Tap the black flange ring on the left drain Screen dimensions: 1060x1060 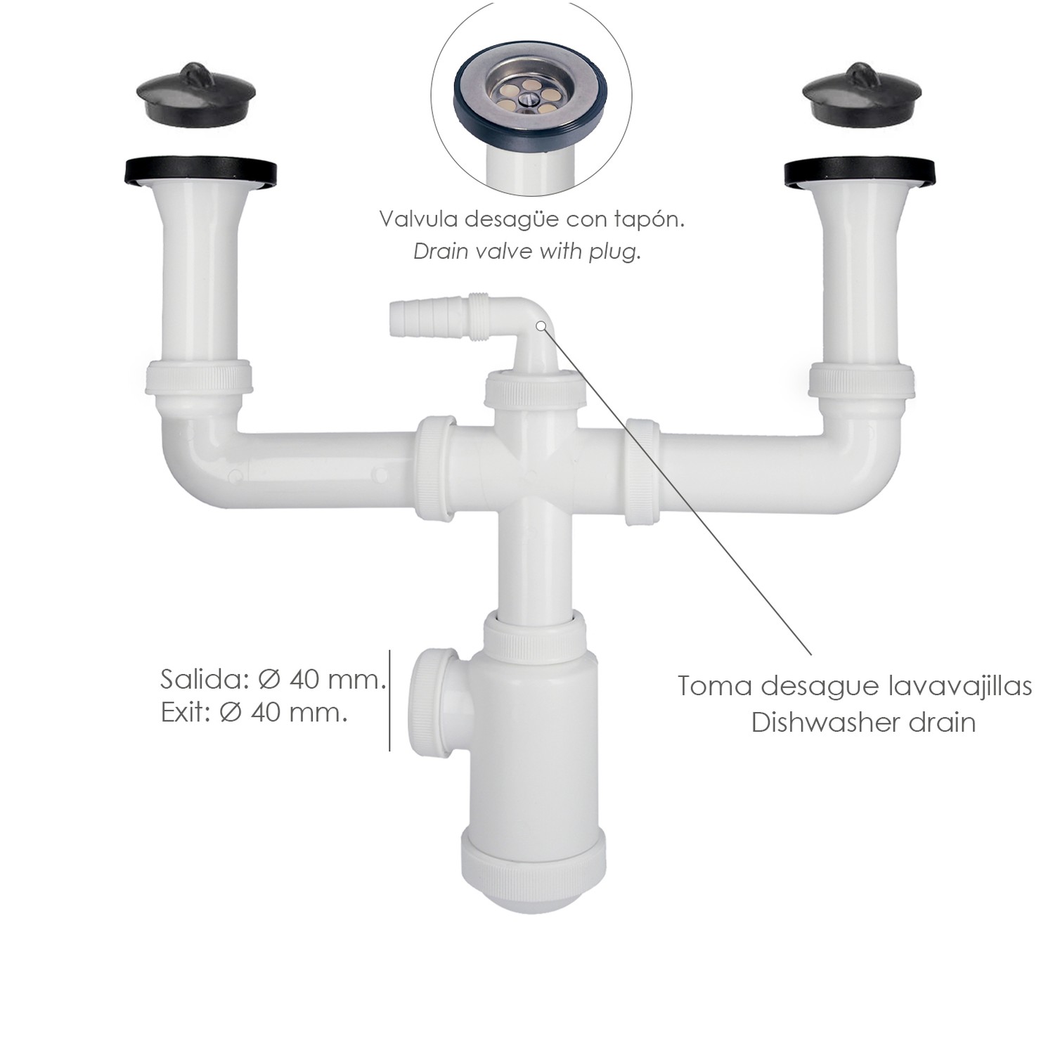tap(200, 173)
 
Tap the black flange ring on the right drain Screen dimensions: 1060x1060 tap(862, 173)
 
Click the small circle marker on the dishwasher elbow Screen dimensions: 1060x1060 tap(541, 325)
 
